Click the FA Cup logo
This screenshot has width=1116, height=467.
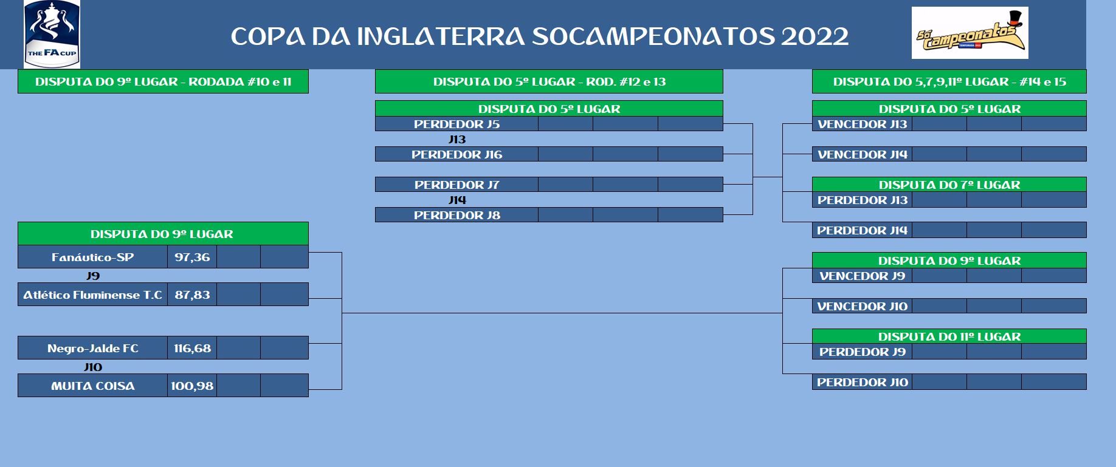click(x=52, y=34)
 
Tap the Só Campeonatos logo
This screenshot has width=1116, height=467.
click(x=970, y=33)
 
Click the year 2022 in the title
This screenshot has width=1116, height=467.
click(x=815, y=36)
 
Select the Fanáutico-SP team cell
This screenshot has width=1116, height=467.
click(x=92, y=257)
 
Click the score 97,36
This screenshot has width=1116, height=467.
click(x=192, y=257)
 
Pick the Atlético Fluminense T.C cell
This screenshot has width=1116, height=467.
click(x=92, y=295)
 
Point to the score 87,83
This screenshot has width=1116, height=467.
click(x=192, y=295)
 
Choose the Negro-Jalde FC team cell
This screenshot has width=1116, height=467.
click(x=92, y=348)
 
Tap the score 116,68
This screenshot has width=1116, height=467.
click(x=192, y=348)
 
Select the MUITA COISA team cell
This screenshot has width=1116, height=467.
click(x=92, y=386)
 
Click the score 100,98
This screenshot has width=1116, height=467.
click(x=192, y=386)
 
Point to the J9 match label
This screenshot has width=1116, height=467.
click(x=93, y=276)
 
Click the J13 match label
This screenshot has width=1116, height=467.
click(x=457, y=139)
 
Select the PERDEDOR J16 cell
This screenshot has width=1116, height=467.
click(x=456, y=154)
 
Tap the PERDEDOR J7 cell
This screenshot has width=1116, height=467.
click(x=456, y=185)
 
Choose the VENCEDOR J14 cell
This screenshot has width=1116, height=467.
click(x=862, y=154)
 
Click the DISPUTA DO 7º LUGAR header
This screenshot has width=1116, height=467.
click(x=949, y=185)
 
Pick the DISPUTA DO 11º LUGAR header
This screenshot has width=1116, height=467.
click(x=949, y=336)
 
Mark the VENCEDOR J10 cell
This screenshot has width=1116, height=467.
click(x=862, y=306)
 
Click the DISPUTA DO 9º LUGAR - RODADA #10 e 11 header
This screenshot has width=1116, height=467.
click(x=163, y=81)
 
